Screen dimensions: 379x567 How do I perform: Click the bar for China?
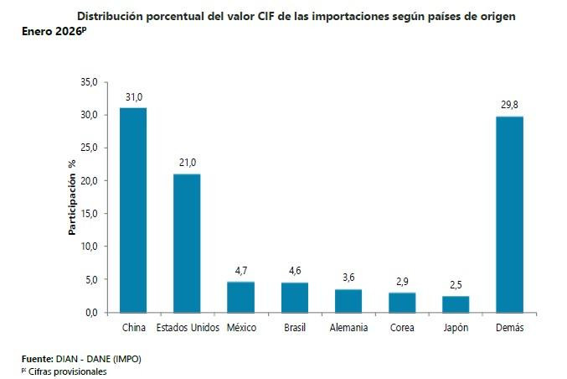point(133,210)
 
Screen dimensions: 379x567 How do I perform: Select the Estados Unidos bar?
point(187,242)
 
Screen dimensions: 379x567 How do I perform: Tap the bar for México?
point(240,297)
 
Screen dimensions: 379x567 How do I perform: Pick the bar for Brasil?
point(294,297)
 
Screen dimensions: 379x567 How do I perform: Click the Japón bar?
point(456,304)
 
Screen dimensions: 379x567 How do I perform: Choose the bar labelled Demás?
point(509,214)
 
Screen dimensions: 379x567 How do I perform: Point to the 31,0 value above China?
point(133,98)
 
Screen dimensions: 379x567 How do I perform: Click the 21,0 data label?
point(187,164)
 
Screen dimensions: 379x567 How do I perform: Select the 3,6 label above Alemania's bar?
point(348,278)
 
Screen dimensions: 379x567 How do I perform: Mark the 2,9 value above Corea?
point(402,282)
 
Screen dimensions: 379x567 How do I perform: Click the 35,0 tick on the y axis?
point(90,82)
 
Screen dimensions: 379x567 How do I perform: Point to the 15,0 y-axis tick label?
point(90,214)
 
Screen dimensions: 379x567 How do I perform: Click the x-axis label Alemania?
point(348,328)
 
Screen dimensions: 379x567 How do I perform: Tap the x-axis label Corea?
point(402,328)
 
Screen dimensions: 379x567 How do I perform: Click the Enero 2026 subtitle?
point(54,32)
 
